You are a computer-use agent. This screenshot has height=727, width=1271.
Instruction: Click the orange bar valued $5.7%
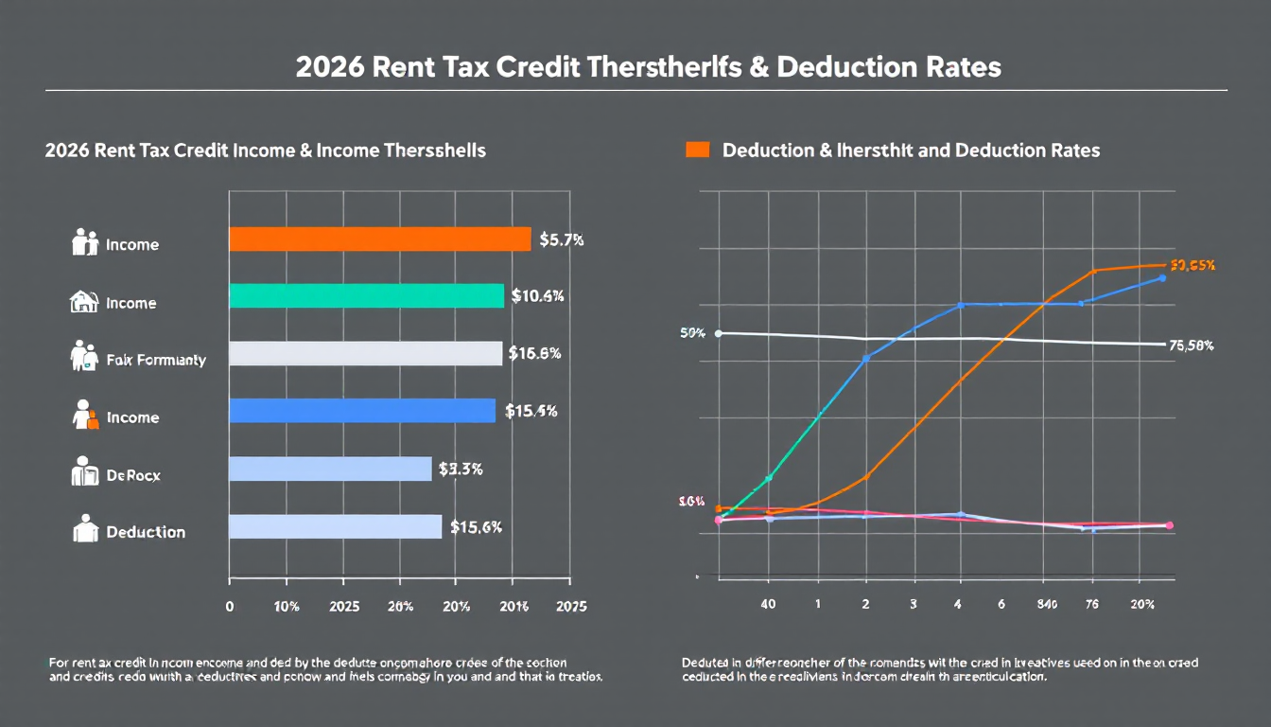point(379,239)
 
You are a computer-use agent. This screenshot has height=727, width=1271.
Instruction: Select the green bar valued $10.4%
point(366,296)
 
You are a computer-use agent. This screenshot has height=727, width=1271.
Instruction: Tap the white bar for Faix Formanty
point(365,353)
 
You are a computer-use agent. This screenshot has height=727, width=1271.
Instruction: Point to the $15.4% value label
point(531,411)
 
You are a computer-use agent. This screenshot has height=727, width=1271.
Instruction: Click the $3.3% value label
point(461,469)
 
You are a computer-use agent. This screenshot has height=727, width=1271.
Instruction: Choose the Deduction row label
point(146,532)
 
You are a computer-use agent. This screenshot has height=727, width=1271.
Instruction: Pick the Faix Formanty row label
point(156,360)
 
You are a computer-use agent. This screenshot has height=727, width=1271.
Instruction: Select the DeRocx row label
point(133,474)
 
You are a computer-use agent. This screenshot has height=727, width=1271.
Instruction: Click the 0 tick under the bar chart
point(230,607)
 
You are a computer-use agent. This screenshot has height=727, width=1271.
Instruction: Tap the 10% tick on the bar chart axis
point(287,607)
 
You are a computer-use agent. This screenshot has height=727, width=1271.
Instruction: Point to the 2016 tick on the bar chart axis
point(514,607)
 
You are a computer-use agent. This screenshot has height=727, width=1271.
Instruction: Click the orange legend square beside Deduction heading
point(697,150)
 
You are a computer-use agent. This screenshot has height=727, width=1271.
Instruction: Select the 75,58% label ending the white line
point(1192,346)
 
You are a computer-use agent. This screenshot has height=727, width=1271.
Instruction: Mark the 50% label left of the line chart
point(692,333)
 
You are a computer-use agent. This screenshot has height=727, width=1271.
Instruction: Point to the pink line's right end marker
point(1170,525)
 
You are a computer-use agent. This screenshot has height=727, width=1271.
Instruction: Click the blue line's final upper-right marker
point(1162,278)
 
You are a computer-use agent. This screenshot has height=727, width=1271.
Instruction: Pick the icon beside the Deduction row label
point(85,529)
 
